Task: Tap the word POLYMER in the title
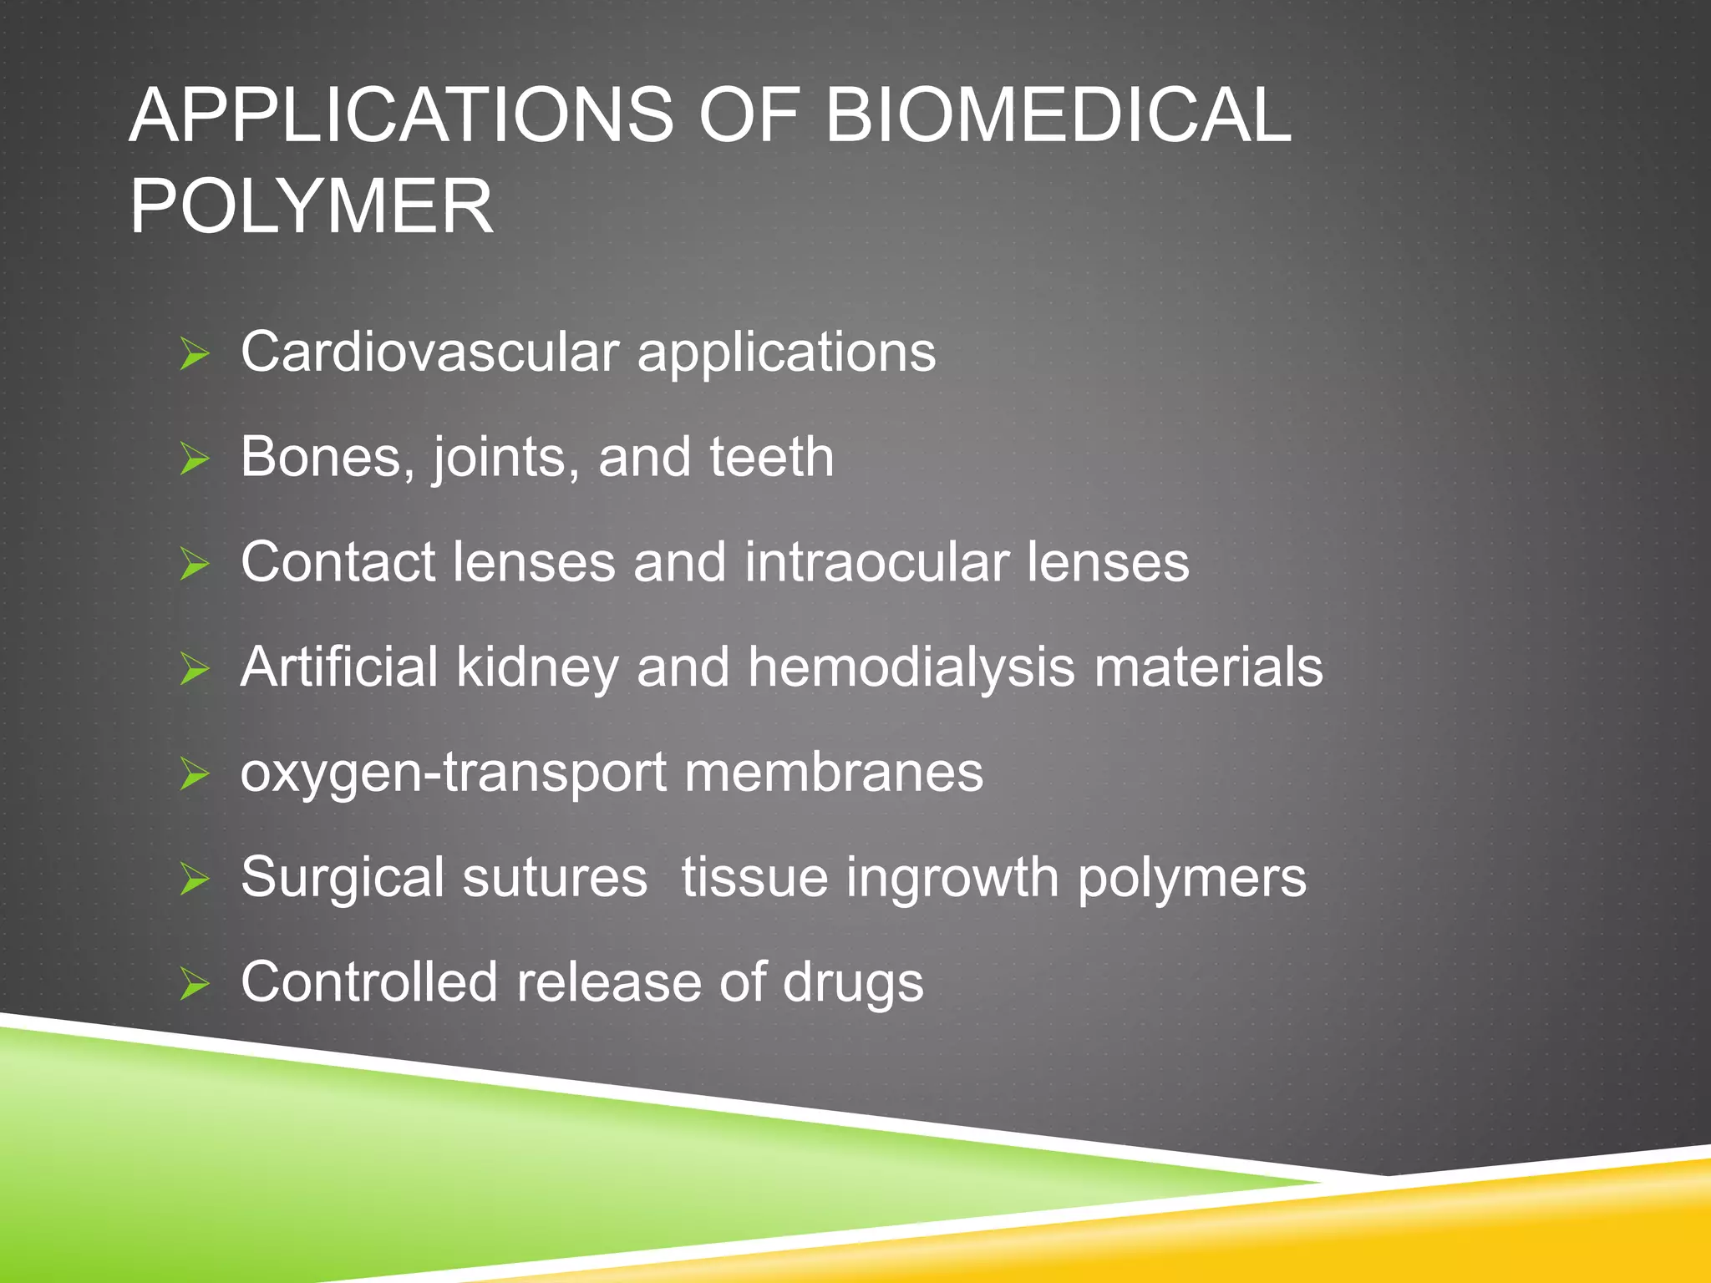312,206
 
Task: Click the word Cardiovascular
429,352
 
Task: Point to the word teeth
771,457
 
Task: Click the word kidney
536,667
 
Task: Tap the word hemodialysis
911,667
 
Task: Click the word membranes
834,772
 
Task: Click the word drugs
853,982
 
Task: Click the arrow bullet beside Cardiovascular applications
194,355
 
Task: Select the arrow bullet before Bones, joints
194,460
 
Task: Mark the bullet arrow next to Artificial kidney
194,670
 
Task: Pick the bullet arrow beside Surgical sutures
194,880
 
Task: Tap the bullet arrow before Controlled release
194,985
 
